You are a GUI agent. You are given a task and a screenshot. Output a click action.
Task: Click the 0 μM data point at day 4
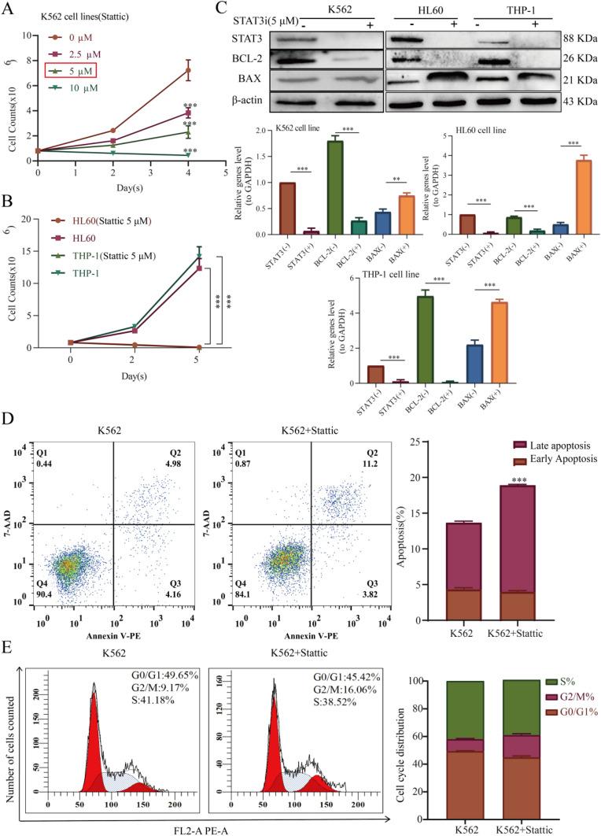click(188, 70)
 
